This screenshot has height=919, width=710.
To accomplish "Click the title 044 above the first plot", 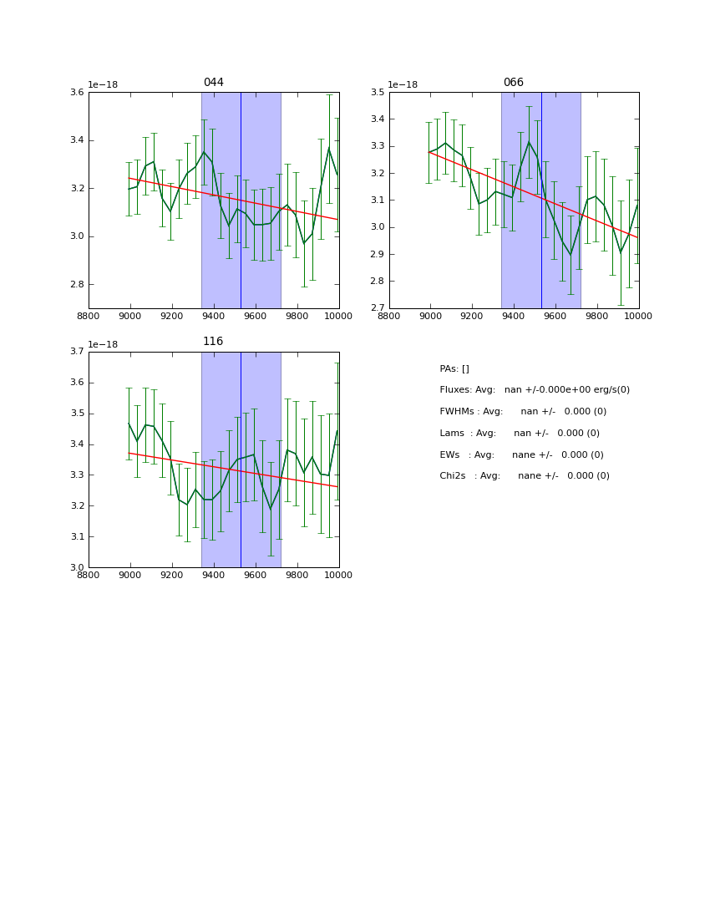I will click(x=213, y=83).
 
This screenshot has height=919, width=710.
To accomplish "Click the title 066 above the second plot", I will click(x=513, y=83).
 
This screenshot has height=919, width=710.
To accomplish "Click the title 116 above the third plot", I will click(x=213, y=342).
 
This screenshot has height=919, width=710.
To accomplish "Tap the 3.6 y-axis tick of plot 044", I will click(x=76, y=93).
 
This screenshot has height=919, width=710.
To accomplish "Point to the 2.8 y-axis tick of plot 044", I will click(x=76, y=285).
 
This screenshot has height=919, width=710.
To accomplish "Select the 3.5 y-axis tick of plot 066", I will click(x=377, y=93).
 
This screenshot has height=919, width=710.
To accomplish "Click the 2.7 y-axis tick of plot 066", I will click(x=377, y=308).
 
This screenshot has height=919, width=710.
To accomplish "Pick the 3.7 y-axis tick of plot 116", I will click(x=76, y=352).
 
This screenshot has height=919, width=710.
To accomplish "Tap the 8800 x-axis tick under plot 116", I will click(x=89, y=575).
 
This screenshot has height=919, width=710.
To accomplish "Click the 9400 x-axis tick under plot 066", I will click(x=514, y=316).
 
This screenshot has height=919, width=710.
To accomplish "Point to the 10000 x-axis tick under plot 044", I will click(x=338, y=316).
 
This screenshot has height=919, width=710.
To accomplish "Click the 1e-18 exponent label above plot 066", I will click(x=403, y=84).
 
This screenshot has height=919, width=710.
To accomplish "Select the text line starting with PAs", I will click(x=454, y=369).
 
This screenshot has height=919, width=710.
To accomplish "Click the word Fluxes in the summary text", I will click(x=455, y=390).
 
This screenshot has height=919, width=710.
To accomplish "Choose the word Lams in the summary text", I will click(x=452, y=434).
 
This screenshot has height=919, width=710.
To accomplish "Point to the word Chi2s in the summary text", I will click(x=454, y=476).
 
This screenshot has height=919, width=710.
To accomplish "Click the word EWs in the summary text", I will click(x=449, y=455).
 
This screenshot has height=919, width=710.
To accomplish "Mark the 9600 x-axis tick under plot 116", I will click(x=256, y=575).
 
